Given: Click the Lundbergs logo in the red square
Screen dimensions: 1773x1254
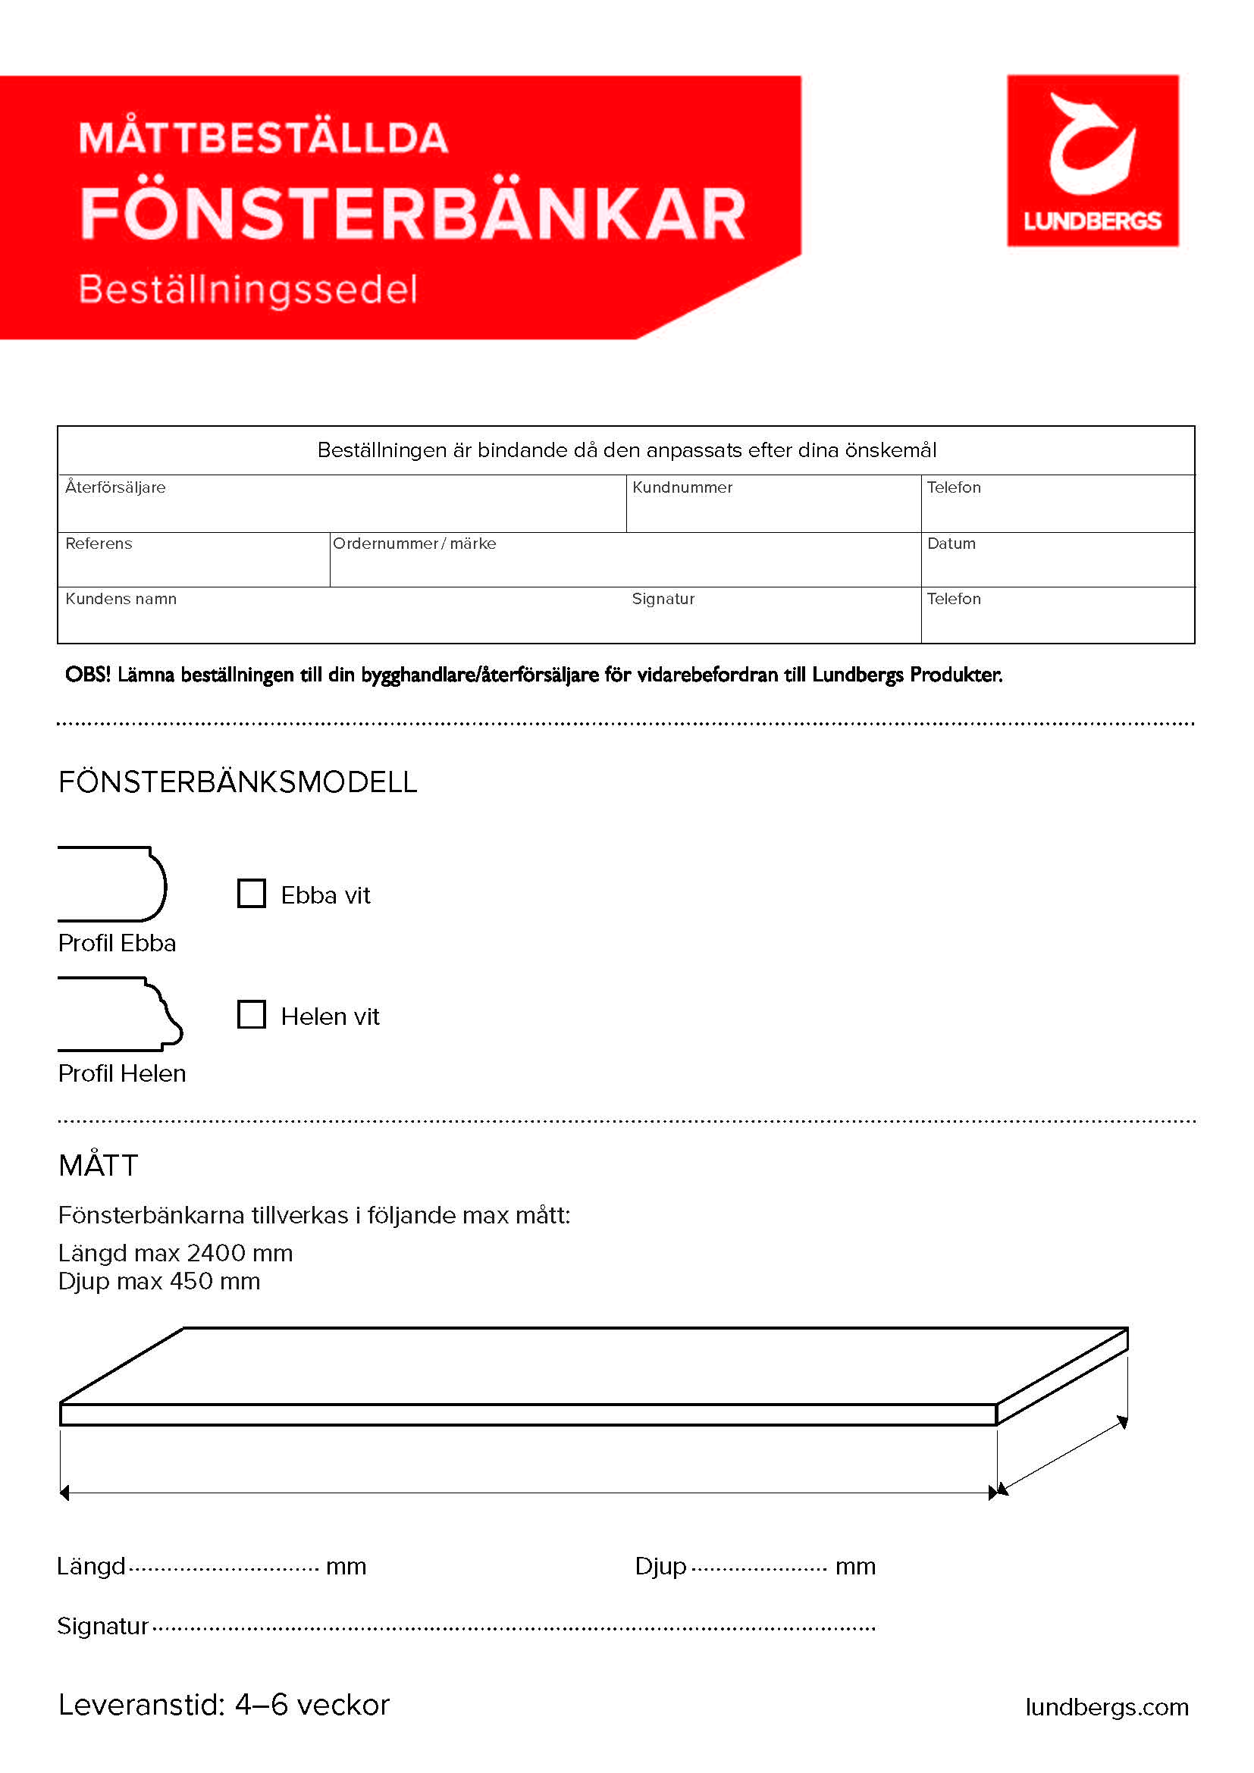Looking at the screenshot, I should point(1092,161).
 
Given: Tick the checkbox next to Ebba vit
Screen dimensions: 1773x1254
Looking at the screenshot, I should point(251,894).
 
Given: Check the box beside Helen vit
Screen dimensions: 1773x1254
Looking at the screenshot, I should point(251,1015).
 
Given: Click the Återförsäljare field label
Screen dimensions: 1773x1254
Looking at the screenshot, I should point(115,487).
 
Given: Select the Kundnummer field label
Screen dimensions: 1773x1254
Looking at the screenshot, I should point(682,487).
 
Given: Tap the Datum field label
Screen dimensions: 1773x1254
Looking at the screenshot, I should point(951,543).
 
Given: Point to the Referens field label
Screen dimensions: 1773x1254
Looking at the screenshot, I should point(99,543).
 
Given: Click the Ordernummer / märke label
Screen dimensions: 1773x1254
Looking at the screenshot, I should point(415,543).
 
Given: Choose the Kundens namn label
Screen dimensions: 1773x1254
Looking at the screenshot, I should point(121,600).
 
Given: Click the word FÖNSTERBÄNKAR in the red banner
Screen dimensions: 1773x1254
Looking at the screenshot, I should point(413,214).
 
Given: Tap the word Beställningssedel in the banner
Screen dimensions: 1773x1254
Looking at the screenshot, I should point(248,290).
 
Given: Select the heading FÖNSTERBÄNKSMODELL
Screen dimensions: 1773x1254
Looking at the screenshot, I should point(238,782).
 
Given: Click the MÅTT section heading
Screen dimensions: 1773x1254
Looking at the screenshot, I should point(98,1165).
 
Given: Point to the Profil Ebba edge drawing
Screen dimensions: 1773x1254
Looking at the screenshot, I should point(113,884).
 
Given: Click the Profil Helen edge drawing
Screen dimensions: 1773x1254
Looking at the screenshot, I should point(120,1014).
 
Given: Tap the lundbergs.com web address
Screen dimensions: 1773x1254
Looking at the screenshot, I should point(1106,1706).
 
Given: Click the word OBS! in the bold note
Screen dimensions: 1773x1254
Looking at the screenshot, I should point(87,675).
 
